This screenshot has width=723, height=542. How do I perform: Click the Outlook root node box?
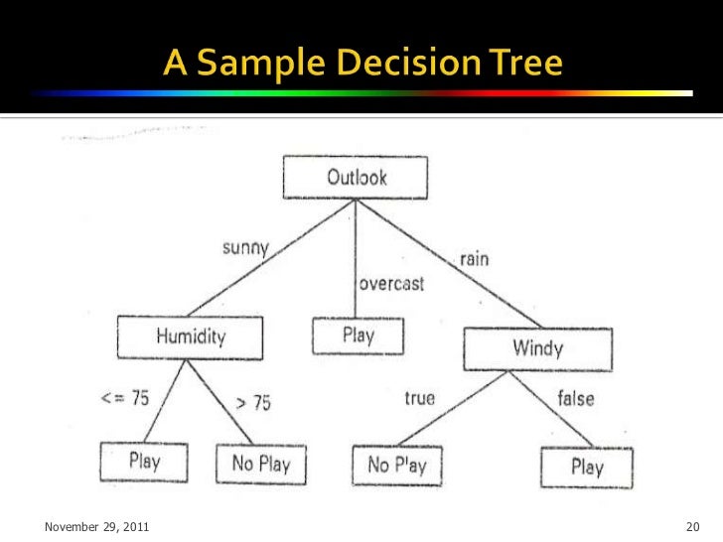click(x=356, y=179)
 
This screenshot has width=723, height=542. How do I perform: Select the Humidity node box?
click(x=189, y=337)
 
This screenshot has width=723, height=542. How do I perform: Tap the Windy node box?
click(x=537, y=348)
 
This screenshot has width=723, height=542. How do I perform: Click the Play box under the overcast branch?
click(x=358, y=336)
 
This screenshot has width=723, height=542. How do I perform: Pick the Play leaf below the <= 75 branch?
click(x=144, y=462)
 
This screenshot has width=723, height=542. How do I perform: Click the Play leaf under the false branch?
click(x=586, y=468)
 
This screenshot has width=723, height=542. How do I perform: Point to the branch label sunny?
click(x=243, y=247)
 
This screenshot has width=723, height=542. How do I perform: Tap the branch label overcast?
click(x=390, y=283)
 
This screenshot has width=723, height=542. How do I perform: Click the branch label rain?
click(x=473, y=258)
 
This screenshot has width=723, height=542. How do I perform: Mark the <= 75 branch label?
click(x=125, y=398)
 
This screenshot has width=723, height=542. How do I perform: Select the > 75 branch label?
click(x=251, y=403)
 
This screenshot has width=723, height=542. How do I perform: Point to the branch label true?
click(x=419, y=398)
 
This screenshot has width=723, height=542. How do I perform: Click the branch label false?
click(x=575, y=398)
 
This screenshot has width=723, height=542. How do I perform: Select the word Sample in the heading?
click(x=249, y=64)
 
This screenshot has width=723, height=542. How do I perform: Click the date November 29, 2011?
click(x=97, y=525)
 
